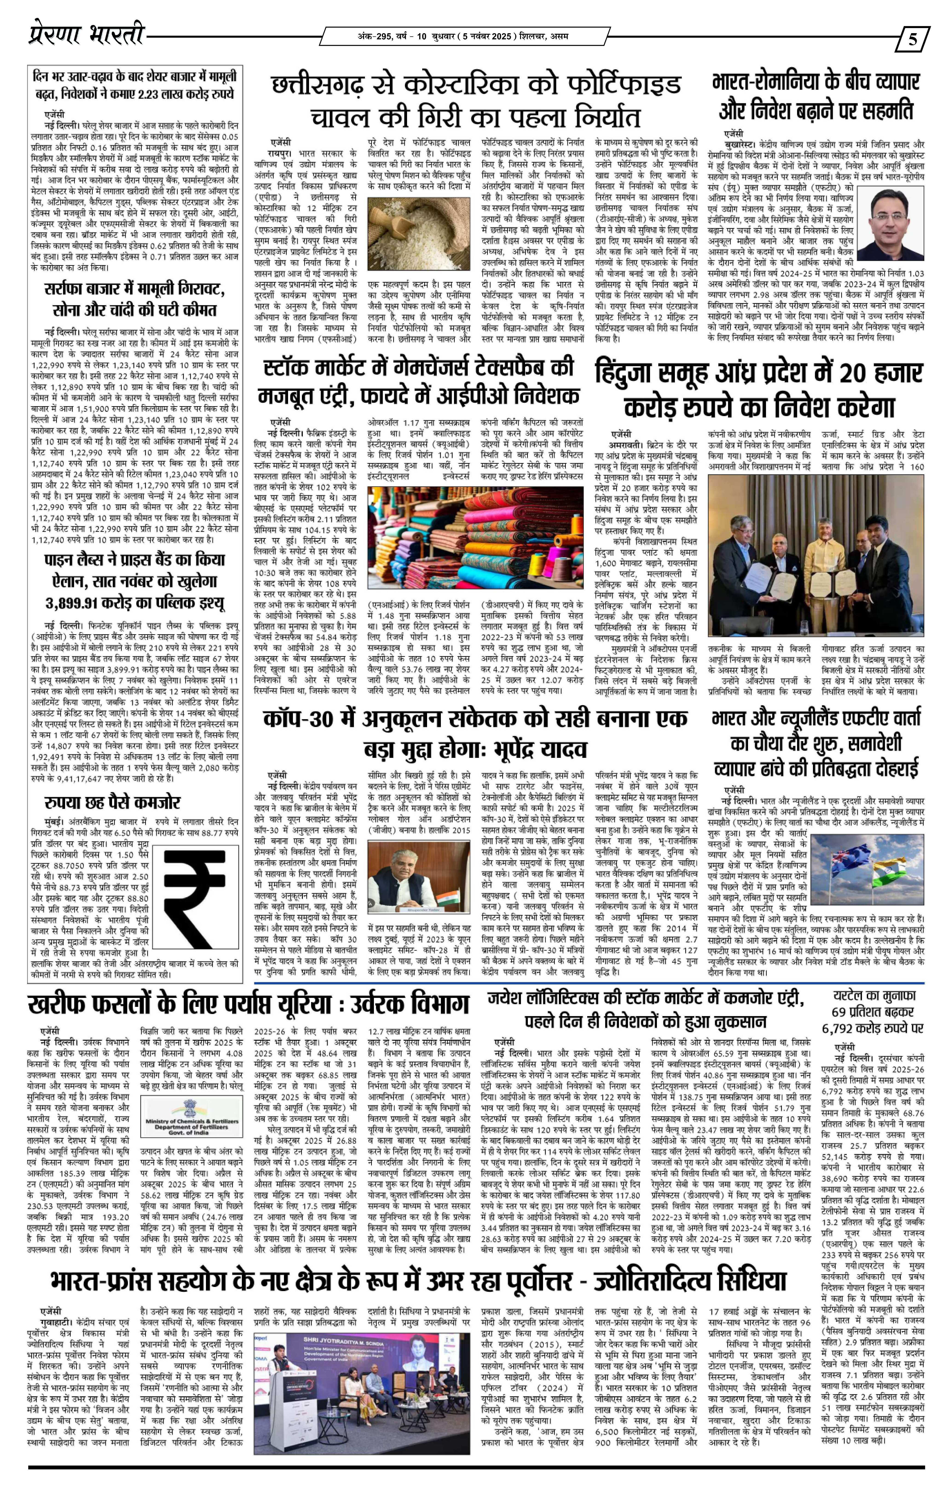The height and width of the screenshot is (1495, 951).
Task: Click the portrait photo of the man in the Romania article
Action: tap(891, 223)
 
